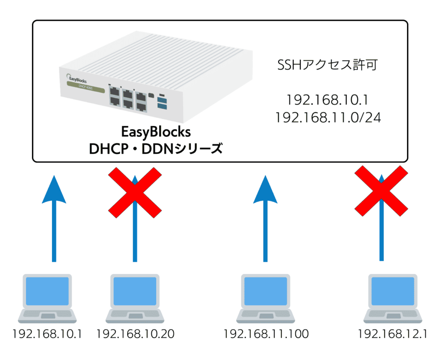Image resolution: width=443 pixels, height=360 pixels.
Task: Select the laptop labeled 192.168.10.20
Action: point(135,297)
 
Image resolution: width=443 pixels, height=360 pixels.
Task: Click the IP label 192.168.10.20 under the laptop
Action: point(135,334)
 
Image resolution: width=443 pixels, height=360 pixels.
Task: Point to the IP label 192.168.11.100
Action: point(265,334)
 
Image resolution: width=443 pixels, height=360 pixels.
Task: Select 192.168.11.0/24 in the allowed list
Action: point(327,118)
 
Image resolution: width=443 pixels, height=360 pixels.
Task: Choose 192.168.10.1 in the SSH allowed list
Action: point(327,100)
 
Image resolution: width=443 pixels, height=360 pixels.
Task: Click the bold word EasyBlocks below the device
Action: point(156,132)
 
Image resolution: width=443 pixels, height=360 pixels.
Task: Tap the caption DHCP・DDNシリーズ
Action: point(156,149)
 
